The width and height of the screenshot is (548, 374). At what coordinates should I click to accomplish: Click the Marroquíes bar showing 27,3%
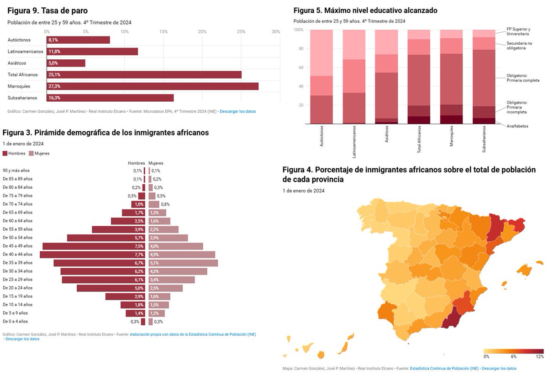pyautogui.click(x=153, y=86)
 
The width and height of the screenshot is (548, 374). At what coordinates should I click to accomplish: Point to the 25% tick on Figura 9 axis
pyautogui.click(x=241, y=31)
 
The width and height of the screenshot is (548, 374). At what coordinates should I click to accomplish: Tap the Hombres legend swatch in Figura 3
pyautogui.click(x=5, y=154)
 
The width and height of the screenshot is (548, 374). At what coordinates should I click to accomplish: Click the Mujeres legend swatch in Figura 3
pyautogui.click(x=31, y=154)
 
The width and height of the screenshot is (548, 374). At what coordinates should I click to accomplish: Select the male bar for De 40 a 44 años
pyautogui.click(x=92, y=255)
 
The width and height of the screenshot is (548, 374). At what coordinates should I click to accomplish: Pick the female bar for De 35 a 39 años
pyautogui.click(x=183, y=263)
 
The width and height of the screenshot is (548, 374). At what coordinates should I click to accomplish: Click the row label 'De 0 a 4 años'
pyautogui.click(x=15, y=322)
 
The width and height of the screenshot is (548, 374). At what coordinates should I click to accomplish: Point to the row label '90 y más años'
pyautogui.click(x=16, y=171)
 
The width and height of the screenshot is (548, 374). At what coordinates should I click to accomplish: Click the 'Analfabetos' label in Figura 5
pyautogui.click(x=517, y=126)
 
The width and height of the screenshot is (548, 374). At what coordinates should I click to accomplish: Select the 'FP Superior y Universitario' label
pyautogui.click(x=518, y=31)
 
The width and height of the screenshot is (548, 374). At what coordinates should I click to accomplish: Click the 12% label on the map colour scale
pyautogui.click(x=539, y=356)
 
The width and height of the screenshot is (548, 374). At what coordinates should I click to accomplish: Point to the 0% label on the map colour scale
pyautogui.click(x=486, y=356)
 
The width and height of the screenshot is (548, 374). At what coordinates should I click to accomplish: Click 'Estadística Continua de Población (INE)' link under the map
pyautogui.click(x=444, y=368)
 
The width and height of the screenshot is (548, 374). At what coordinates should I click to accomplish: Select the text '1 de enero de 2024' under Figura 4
pyautogui.click(x=303, y=191)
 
